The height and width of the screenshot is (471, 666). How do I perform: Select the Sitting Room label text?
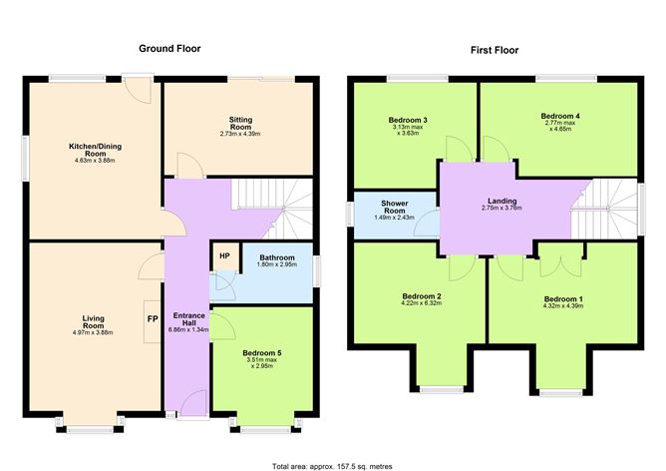[x=239, y=123]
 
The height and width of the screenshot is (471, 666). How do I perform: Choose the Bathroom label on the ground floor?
[x=265, y=257]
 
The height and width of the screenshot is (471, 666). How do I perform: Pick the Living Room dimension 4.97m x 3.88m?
[x=93, y=331]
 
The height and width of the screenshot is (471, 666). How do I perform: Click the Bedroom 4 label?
[x=560, y=116]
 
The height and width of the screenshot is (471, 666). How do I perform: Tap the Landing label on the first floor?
[x=501, y=200]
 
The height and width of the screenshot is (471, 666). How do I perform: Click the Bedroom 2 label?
[x=422, y=296]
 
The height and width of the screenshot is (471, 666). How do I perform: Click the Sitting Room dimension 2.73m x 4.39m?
[x=239, y=134]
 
